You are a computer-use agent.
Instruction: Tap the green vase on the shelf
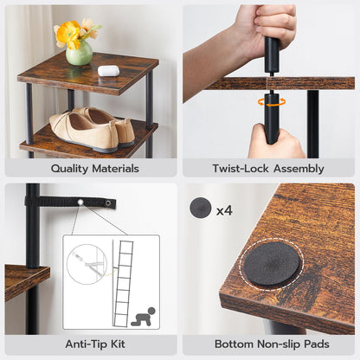(79, 54)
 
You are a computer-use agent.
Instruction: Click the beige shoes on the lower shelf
(90, 128)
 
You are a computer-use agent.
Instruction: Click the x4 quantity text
(224, 209)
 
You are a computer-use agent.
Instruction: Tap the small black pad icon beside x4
(202, 209)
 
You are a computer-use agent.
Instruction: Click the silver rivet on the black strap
(80, 202)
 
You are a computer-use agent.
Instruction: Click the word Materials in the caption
(118, 169)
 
